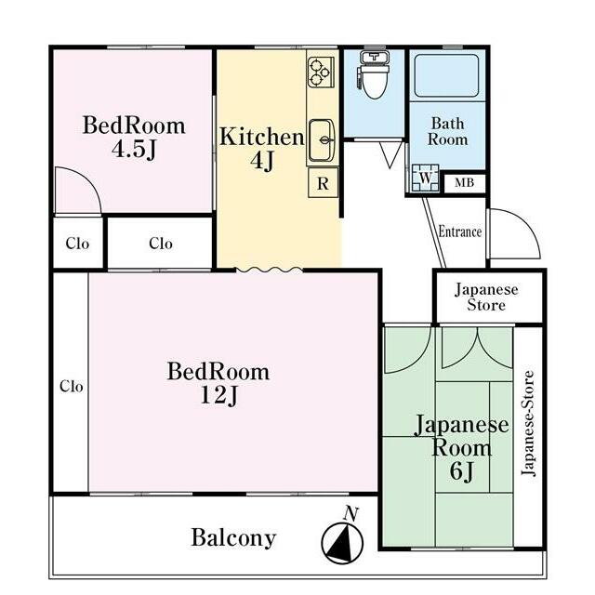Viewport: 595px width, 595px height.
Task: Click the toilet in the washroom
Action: tap(374, 75)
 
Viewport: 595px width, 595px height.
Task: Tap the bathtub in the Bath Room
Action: tap(446, 75)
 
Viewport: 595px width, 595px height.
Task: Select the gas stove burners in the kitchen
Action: tap(320, 73)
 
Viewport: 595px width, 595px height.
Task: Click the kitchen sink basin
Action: tap(323, 140)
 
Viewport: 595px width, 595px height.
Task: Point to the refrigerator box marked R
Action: tap(323, 183)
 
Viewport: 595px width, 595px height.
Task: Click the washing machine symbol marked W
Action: tap(426, 178)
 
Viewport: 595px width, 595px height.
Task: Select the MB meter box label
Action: tap(464, 183)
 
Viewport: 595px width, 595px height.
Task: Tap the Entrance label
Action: tap(460, 231)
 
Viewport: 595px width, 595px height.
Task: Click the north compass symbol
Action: tap(342, 543)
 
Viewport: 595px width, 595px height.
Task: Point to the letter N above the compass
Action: tap(351, 514)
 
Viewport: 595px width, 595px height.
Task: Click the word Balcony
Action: tap(233, 538)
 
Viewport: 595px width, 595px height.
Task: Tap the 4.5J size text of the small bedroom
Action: tap(134, 150)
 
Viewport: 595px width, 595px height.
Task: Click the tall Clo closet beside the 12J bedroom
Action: tap(71, 382)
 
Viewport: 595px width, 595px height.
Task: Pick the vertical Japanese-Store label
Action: tap(528, 423)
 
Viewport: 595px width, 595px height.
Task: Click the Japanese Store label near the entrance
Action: tap(486, 297)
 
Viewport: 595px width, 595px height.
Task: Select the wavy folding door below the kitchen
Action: tap(270, 270)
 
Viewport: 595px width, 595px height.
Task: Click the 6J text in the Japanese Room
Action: tap(461, 471)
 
